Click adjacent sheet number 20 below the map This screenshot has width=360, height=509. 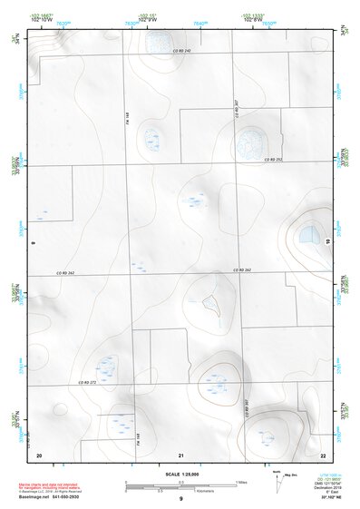[39, 454]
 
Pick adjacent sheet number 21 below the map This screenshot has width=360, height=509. [181, 454]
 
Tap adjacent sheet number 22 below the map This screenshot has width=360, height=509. [324, 454]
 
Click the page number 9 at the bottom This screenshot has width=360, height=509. [181, 500]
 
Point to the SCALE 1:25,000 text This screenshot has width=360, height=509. [181, 475]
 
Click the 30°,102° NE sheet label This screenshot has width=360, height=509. [327, 498]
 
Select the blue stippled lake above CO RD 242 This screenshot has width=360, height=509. [159, 40]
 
